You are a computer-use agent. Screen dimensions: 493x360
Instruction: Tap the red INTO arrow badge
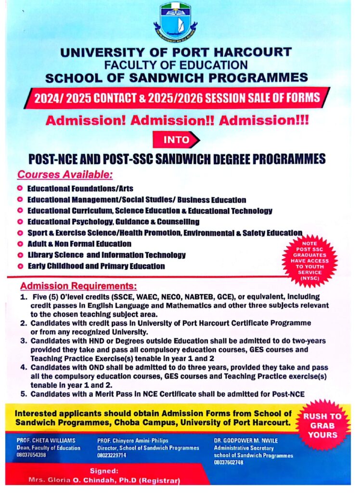click(x=176, y=140)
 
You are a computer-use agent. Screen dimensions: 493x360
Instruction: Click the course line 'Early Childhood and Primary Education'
click(x=96, y=266)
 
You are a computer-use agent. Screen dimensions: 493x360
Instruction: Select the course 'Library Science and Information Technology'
click(x=106, y=255)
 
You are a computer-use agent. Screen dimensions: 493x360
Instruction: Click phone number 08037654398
click(x=31, y=454)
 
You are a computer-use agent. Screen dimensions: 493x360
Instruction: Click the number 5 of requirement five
click(x=23, y=394)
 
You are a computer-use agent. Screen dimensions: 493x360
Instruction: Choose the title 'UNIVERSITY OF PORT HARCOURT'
click(x=176, y=52)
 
